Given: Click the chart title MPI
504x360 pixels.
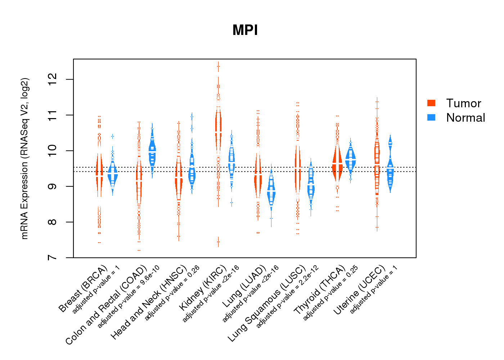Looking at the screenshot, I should click(245, 30).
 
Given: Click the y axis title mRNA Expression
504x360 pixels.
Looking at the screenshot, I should click(24, 158).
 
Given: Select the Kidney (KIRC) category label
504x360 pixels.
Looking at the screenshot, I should click(203, 288).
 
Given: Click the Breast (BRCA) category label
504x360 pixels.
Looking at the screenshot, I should click(83, 289).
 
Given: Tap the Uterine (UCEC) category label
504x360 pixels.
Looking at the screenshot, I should click(360, 291).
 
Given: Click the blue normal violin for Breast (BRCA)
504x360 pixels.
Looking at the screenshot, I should click(113, 175).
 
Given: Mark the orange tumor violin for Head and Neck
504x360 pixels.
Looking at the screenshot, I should click(178, 176).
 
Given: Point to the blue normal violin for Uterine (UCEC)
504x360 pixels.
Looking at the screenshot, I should click(390, 173).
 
